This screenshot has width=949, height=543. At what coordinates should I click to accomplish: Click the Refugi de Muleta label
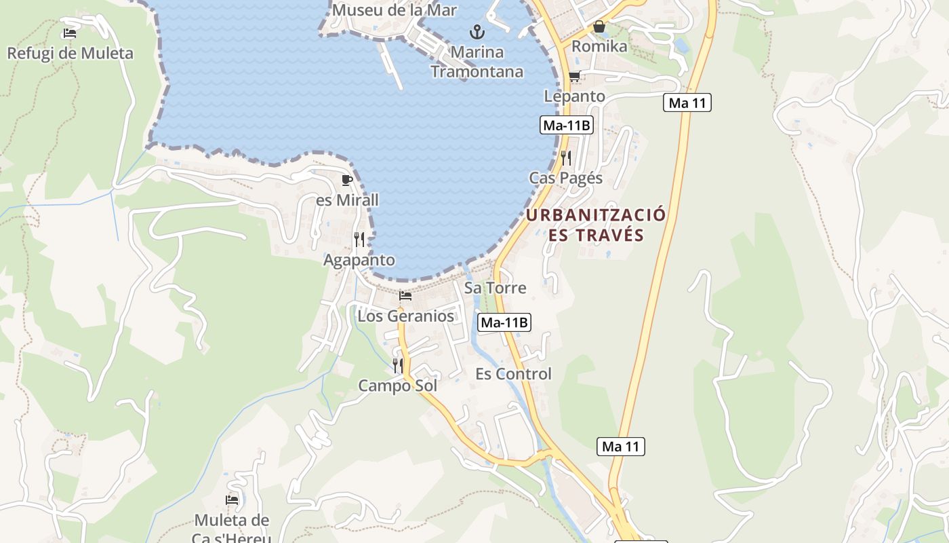pos(70,53)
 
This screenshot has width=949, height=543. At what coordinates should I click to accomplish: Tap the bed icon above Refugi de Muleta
pos(69,33)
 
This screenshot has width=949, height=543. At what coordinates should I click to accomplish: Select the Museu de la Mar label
pos(394,10)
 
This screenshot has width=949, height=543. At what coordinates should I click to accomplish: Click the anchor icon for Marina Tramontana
pos(477,32)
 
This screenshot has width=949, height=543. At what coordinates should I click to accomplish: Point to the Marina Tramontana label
pos(477,62)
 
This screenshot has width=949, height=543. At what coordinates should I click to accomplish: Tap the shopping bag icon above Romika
pos(599,26)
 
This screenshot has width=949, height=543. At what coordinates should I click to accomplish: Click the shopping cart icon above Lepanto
pos(574,76)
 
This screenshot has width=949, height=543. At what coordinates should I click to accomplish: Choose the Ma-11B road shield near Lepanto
pos(567,125)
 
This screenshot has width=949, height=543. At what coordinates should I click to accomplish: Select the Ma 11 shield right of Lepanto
pos(687,103)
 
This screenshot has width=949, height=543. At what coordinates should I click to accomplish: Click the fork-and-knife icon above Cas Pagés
pos(566,158)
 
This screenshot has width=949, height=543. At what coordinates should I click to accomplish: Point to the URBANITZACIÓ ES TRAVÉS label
pos(596,225)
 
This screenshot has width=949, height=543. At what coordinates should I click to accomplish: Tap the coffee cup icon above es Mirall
pos(347,180)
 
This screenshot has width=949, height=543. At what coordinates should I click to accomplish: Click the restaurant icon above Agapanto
pos(359,240)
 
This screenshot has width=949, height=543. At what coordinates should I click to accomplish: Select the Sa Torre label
pos(495,288)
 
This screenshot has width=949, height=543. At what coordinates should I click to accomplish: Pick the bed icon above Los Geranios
pos(405,295)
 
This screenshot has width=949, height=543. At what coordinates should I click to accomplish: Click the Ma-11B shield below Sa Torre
pos(504,322)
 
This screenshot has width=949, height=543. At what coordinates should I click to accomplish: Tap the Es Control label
pos(513,374)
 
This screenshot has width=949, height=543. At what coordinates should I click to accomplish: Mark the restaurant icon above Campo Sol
pos(398,365)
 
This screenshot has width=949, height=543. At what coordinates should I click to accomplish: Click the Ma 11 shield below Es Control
pos(621,447)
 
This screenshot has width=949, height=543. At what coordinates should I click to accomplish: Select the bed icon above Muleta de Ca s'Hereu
pos(232,500)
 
